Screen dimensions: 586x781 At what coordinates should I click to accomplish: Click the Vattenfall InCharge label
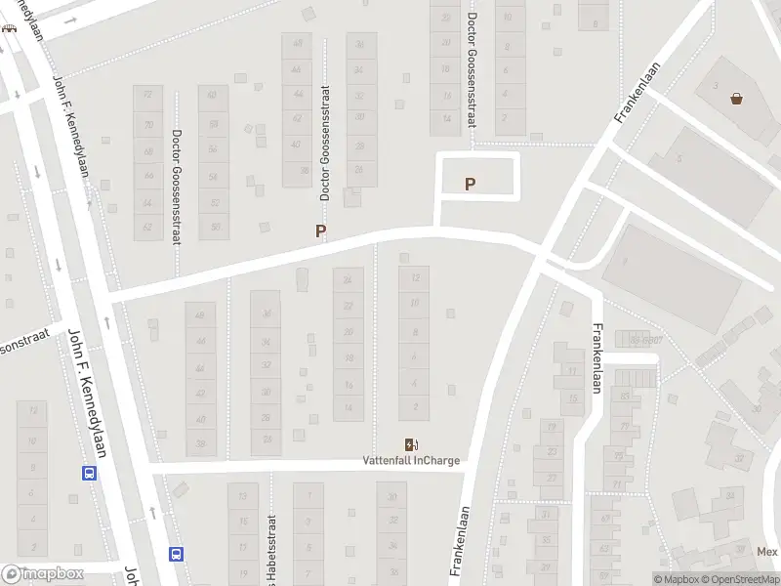411,461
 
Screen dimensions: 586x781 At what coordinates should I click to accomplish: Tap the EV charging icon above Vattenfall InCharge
411,445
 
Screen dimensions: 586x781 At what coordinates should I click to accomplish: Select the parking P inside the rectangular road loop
471,183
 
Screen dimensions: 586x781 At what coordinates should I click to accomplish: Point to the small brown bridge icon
9,27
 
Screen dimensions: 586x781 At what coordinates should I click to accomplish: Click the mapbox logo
41,575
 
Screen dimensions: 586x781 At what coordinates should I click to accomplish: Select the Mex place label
767,551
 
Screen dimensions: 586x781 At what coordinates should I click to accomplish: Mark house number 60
213,96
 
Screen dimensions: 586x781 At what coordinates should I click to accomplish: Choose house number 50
213,227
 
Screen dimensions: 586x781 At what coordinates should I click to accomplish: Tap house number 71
616,483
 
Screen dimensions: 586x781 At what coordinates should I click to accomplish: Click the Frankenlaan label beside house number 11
595,358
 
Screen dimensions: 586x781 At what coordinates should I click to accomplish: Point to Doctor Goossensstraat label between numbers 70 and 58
177,188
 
